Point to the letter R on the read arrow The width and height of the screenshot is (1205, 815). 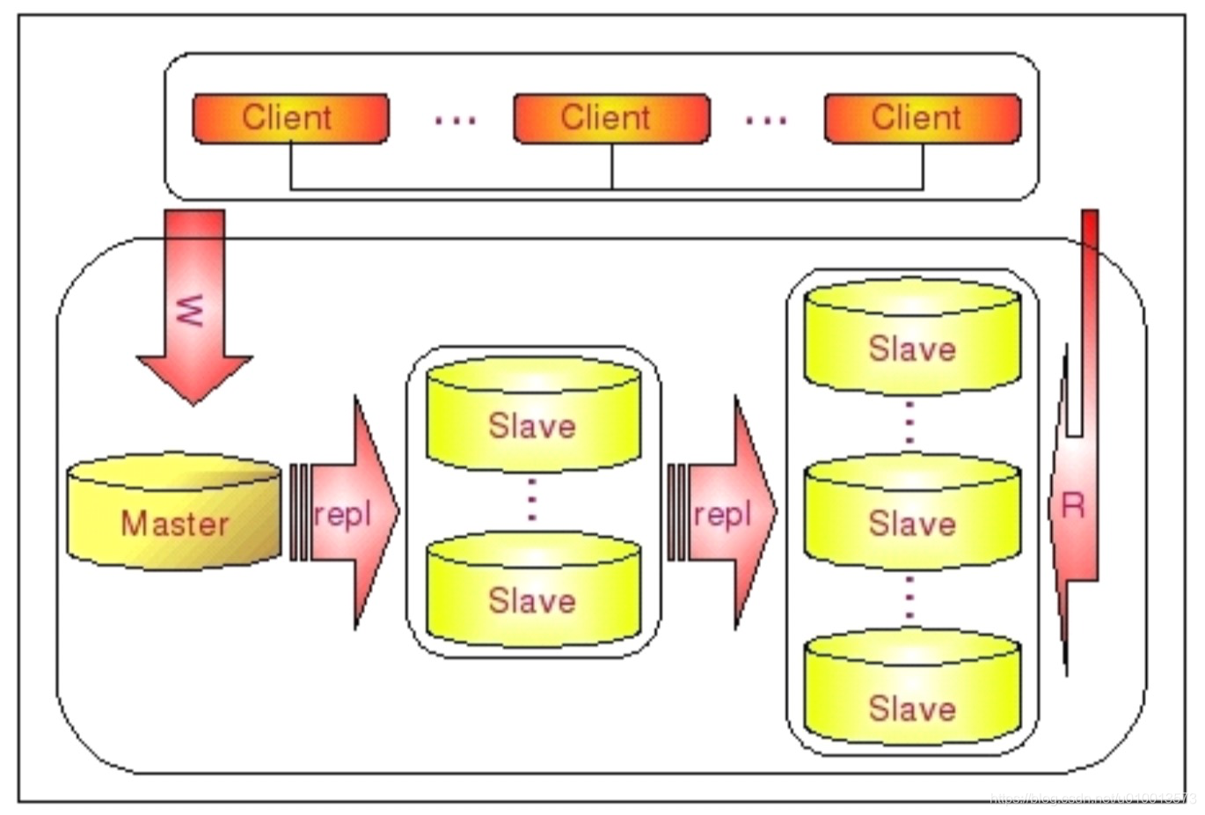tap(1073, 505)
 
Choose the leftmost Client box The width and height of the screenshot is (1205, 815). tap(289, 118)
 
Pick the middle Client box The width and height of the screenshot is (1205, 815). tap(610, 118)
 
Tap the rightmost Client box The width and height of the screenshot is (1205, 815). tap(922, 118)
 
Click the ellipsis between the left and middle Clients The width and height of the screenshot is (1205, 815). tap(455, 120)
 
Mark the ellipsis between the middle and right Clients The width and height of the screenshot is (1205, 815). tap(765, 120)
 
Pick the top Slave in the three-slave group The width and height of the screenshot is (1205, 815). tap(912, 339)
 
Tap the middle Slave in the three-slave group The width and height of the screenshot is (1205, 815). tap(912, 515)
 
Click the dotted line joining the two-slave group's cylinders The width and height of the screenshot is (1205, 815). tap(531, 501)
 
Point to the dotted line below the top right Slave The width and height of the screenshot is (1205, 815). tap(909, 423)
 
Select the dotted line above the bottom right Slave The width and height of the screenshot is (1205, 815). tap(909, 599)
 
